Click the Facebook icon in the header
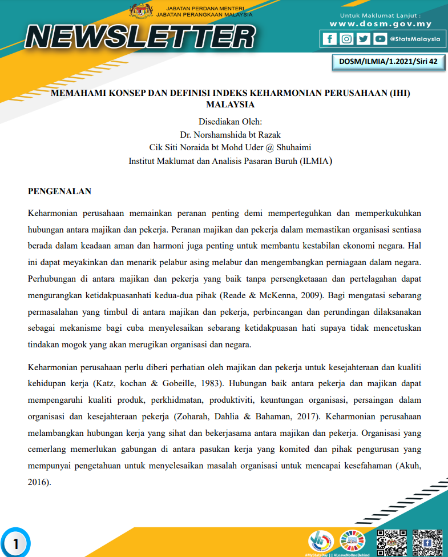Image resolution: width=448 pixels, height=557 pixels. click(329, 39)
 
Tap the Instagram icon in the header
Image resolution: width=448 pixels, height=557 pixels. click(346, 39)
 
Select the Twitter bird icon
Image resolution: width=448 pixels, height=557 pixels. click(363, 39)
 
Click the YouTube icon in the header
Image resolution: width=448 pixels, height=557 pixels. click(380, 39)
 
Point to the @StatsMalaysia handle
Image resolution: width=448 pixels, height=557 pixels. click(414, 39)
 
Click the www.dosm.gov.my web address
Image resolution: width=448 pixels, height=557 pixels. click(381, 24)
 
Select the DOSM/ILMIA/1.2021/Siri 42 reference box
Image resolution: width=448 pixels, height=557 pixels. click(388, 62)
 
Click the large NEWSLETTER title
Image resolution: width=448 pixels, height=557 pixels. click(140, 37)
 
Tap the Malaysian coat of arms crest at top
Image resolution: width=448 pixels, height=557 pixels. click(140, 11)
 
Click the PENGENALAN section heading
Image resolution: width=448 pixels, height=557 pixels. click(59, 191)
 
